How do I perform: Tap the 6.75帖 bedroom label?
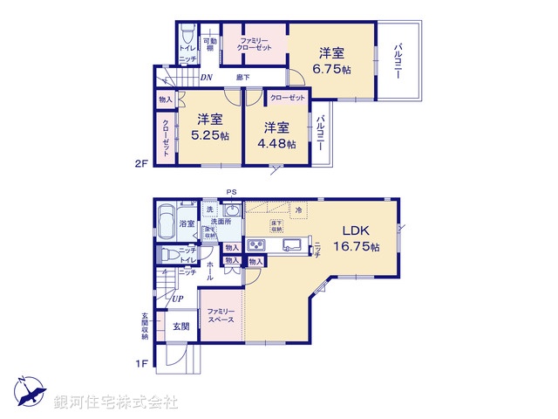click(332, 60)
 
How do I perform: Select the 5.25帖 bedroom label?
click(209, 128)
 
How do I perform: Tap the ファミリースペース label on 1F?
click(221, 316)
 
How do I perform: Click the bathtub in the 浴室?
click(165, 223)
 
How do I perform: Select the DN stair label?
click(206, 78)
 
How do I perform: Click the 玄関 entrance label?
click(180, 326)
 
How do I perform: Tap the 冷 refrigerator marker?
click(298, 210)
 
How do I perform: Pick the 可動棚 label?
click(209, 45)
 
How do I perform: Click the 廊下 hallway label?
click(245, 78)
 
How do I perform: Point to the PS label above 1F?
click(231, 192)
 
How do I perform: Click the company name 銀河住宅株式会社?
click(116, 402)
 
